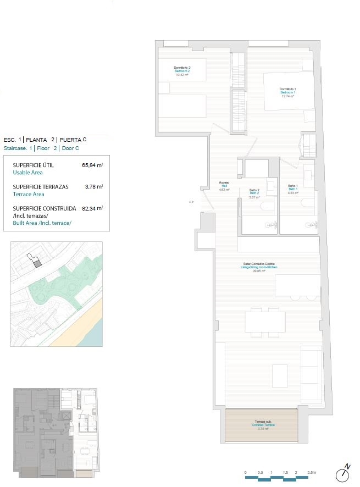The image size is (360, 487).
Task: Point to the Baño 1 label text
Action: [293, 190]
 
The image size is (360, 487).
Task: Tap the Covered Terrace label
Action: [262, 425]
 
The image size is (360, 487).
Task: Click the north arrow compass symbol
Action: [345, 473]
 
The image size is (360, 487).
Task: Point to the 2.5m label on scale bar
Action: [311, 472]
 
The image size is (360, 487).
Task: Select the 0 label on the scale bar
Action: [246, 472]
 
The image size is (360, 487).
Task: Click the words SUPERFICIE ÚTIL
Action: [34, 165]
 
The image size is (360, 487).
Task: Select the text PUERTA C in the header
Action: [73, 140]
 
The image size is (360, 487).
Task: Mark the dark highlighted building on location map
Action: [37, 264]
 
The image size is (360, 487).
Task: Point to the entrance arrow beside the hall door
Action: [191, 202]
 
